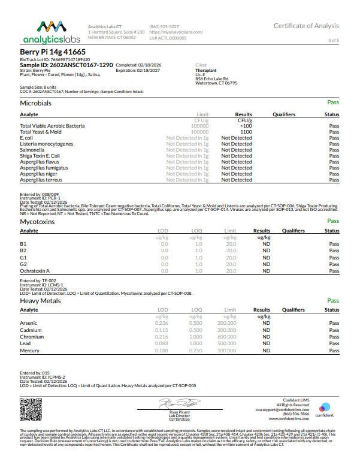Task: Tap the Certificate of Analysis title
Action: click(x=306, y=26)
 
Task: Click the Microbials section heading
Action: click(x=36, y=103)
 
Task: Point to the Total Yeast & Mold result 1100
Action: click(x=245, y=132)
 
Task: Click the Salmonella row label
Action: click(x=34, y=150)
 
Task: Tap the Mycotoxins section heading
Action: click(x=39, y=222)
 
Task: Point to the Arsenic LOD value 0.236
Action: click(x=161, y=323)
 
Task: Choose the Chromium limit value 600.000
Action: click(x=226, y=336)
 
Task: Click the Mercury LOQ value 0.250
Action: click(x=195, y=350)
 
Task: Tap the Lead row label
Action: click(x=25, y=343)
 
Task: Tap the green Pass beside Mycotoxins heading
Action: click(x=333, y=221)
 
